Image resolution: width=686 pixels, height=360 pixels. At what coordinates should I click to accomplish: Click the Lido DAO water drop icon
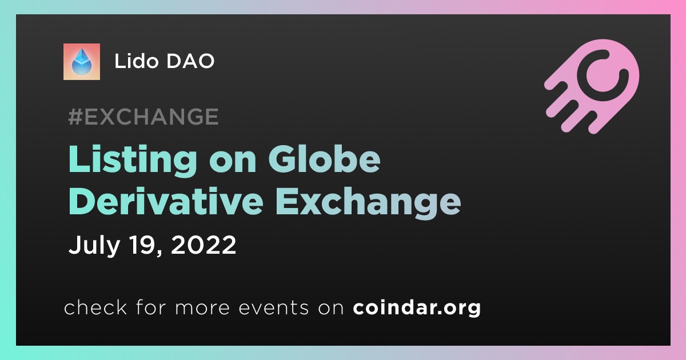[x=81, y=62]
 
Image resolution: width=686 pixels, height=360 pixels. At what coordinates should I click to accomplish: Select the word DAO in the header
[x=190, y=61]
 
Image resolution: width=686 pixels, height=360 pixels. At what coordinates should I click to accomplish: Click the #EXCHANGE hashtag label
[x=143, y=117]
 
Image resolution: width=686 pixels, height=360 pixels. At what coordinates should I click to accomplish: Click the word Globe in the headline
[x=324, y=159]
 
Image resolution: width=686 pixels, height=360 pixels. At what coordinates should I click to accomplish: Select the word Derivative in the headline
[x=166, y=201]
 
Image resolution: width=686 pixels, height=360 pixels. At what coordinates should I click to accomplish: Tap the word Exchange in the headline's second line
[x=368, y=203]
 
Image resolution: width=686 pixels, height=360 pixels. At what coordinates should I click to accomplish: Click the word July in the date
[x=94, y=245]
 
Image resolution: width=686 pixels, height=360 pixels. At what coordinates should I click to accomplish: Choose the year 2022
[x=204, y=245]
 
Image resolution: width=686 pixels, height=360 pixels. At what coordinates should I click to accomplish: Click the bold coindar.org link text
[x=417, y=307]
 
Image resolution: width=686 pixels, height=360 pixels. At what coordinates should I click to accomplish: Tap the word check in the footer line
[x=95, y=307]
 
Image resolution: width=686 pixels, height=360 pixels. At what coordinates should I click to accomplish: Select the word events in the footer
[x=273, y=307]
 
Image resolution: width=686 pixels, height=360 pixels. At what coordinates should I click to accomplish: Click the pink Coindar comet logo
[x=592, y=86]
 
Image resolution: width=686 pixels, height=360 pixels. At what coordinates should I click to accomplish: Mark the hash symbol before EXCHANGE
[x=75, y=117]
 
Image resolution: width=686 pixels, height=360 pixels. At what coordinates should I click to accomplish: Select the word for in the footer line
[x=151, y=307]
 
